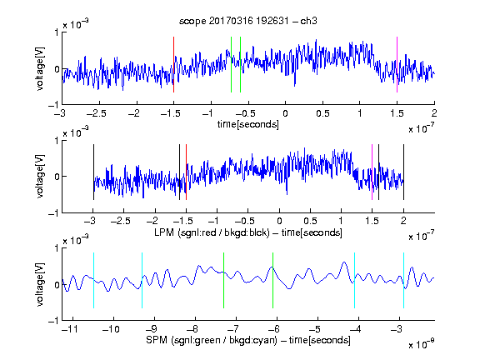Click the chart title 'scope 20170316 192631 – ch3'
[248, 21]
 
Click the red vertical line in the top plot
[173, 65]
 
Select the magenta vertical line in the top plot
[397, 65]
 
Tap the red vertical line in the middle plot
[186, 172]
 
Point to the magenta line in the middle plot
[372, 172]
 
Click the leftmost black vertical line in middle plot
[93, 172]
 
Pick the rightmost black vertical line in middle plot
[403, 172]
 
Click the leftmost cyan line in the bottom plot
[93, 280]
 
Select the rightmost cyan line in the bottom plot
[403, 280]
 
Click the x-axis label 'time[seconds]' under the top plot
[248, 124]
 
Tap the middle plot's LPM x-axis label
[248, 232]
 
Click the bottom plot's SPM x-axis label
[248, 340]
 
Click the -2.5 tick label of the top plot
[97, 113]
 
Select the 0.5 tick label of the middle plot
[310, 221]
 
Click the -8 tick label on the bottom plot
[192, 329]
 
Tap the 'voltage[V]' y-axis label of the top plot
[40, 68]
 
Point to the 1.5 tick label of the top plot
[397, 113]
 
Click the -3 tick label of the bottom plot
[396, 329]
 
